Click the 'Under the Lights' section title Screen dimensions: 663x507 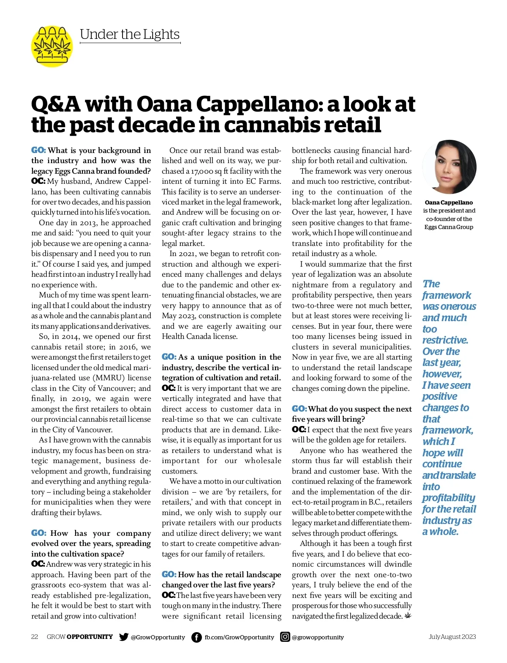coord(130,35)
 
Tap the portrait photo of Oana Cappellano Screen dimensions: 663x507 coord(449,167)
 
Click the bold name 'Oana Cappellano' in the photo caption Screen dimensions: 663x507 coord(449,202)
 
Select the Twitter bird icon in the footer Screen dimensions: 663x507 coord(123,637)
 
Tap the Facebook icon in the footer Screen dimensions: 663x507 coord(196,637)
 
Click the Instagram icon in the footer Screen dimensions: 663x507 coord(285,637)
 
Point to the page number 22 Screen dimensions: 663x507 coord(35,637)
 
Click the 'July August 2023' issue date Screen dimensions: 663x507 coord(452,637)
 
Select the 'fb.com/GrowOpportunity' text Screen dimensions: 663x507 coord(239,637)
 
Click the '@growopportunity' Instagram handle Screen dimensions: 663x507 coord(318,637)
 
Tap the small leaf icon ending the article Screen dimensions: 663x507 coord(408,616)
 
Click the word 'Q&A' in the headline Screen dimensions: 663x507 coord(56,104)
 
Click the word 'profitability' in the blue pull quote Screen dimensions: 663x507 coord(449,498)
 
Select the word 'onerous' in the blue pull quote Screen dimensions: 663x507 coord(458,306)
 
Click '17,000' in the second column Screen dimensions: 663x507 coord(202,171)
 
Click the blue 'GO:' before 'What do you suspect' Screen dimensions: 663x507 coord(299,409)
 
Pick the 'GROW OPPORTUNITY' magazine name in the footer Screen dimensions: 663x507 coord(80,637)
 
